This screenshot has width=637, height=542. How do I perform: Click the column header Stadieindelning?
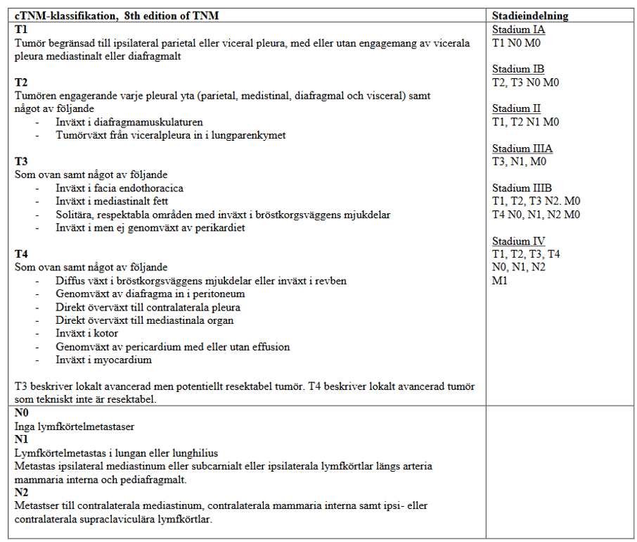pos(530,15)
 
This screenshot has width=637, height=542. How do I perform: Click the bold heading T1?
pos(21,30)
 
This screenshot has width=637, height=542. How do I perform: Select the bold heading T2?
pos(21,82)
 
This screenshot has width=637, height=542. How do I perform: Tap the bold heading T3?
pos(21,161)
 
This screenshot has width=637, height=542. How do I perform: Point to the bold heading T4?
pos(21,253)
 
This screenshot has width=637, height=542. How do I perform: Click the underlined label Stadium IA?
pos(518,30)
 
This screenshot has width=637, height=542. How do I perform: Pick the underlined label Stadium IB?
pos(518,69)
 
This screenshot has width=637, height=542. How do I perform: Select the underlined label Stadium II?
pos(516,108)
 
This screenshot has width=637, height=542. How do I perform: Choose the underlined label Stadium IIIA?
pos(522,149)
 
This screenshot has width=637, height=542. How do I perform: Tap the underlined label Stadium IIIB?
pos(522,188)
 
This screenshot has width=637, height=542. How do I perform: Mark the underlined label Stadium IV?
pos(518,241)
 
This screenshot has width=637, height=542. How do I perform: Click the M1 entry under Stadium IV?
pos(500,280)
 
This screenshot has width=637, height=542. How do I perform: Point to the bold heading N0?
pos(22,413)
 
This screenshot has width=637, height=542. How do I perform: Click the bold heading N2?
pos(22,492)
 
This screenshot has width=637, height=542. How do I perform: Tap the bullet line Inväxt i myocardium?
pos(103,360)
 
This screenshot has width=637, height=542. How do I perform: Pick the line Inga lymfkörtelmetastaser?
pos(75,426)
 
